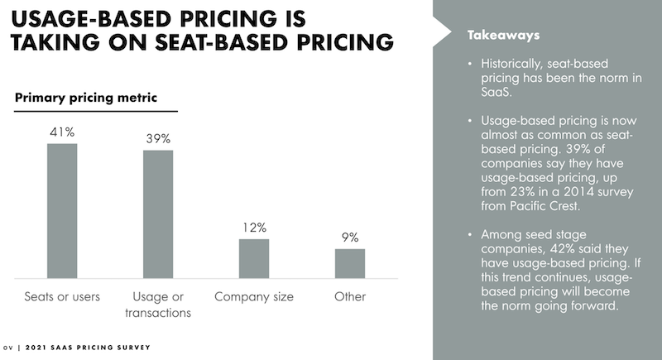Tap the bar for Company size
tap(254, 258)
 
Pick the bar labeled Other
tap(350, 262)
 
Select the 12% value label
tap(254, 227)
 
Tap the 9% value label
tap(350, 237)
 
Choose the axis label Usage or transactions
tap(158, 304)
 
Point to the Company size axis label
tap(254, 296)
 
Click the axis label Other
tap(350, 296)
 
